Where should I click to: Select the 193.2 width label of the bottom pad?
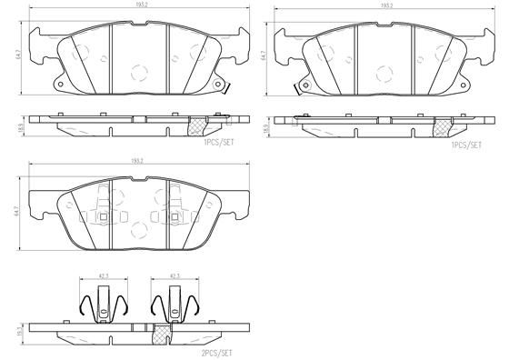[139, 161]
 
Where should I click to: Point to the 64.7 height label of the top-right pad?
[264, 56]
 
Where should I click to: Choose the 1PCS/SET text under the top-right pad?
[465, 145]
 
